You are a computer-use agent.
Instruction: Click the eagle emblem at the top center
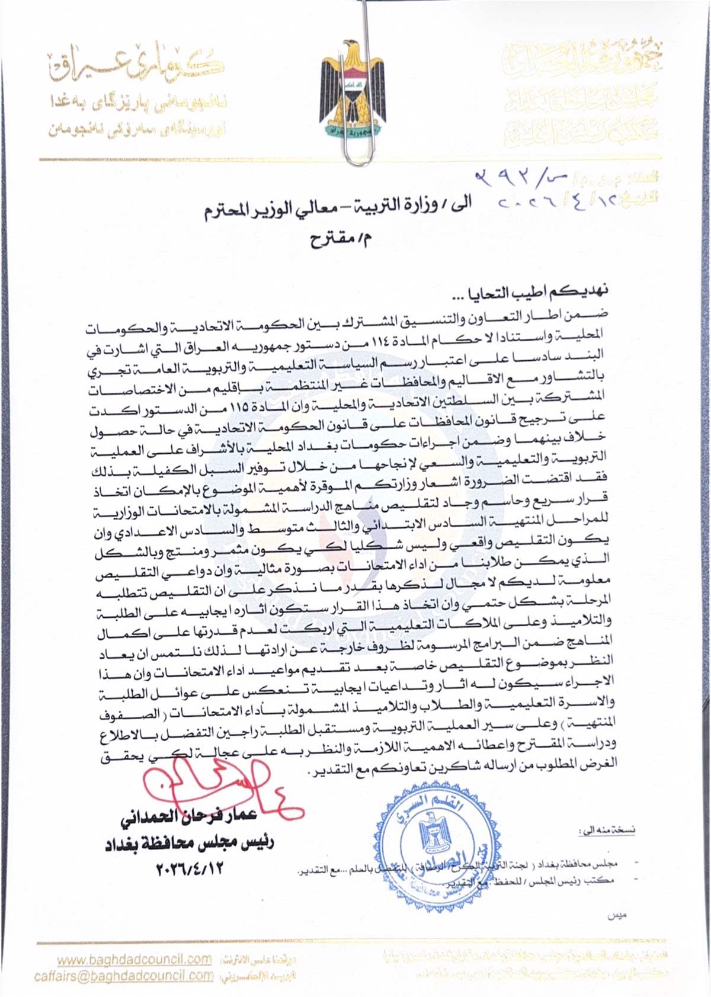[x=353, y=89]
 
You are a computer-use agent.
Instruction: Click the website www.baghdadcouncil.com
[x=134, y=959]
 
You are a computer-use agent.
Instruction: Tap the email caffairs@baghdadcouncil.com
[x=124, y=976]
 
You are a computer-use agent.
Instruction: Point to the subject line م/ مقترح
[x=341, y=240]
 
